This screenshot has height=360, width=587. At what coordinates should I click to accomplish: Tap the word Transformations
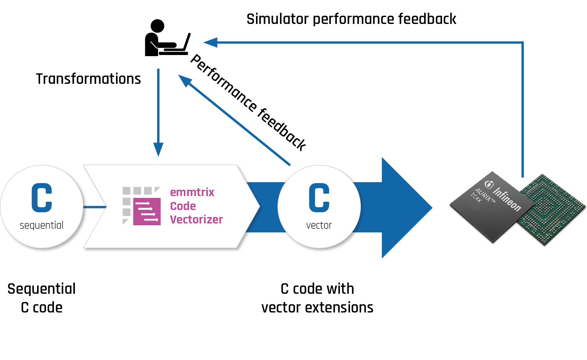pyautogui.click(x=88, y=79)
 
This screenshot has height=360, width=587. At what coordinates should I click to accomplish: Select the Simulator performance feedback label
pyautogui.click(x=351, y=19)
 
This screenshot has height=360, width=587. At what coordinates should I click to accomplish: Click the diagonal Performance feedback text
pyautogui.click(x=248, y=102)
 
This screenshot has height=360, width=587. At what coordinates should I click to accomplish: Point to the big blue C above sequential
pyautogui.click(x=42, y=198)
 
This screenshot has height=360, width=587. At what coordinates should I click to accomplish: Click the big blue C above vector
pyautogui.click(x=319, y=198)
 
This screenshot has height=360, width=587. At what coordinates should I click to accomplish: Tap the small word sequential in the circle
pyautogui.click(x=42, y=225)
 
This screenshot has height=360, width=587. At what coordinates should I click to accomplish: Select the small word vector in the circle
pyautogui.click(x=319, y=225)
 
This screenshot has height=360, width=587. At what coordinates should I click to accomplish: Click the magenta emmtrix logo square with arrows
pyautogui.click(x=147, y=211)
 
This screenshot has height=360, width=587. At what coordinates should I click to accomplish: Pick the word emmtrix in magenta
pyautogui.click(x=192, y=192)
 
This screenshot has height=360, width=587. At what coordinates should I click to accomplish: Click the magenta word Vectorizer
pyautogui.click(x=196, y=220)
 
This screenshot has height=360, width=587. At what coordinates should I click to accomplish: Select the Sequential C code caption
pyautogui.click(x=42, y=298)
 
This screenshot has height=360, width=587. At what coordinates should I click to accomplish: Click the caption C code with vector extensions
pyautogui.click(x=317, y=298)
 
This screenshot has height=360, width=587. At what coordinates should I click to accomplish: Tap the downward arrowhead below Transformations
pyautogui.click(x=158, y=149)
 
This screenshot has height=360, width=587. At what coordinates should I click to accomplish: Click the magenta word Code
pyautogui.click(x=183, y=206)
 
